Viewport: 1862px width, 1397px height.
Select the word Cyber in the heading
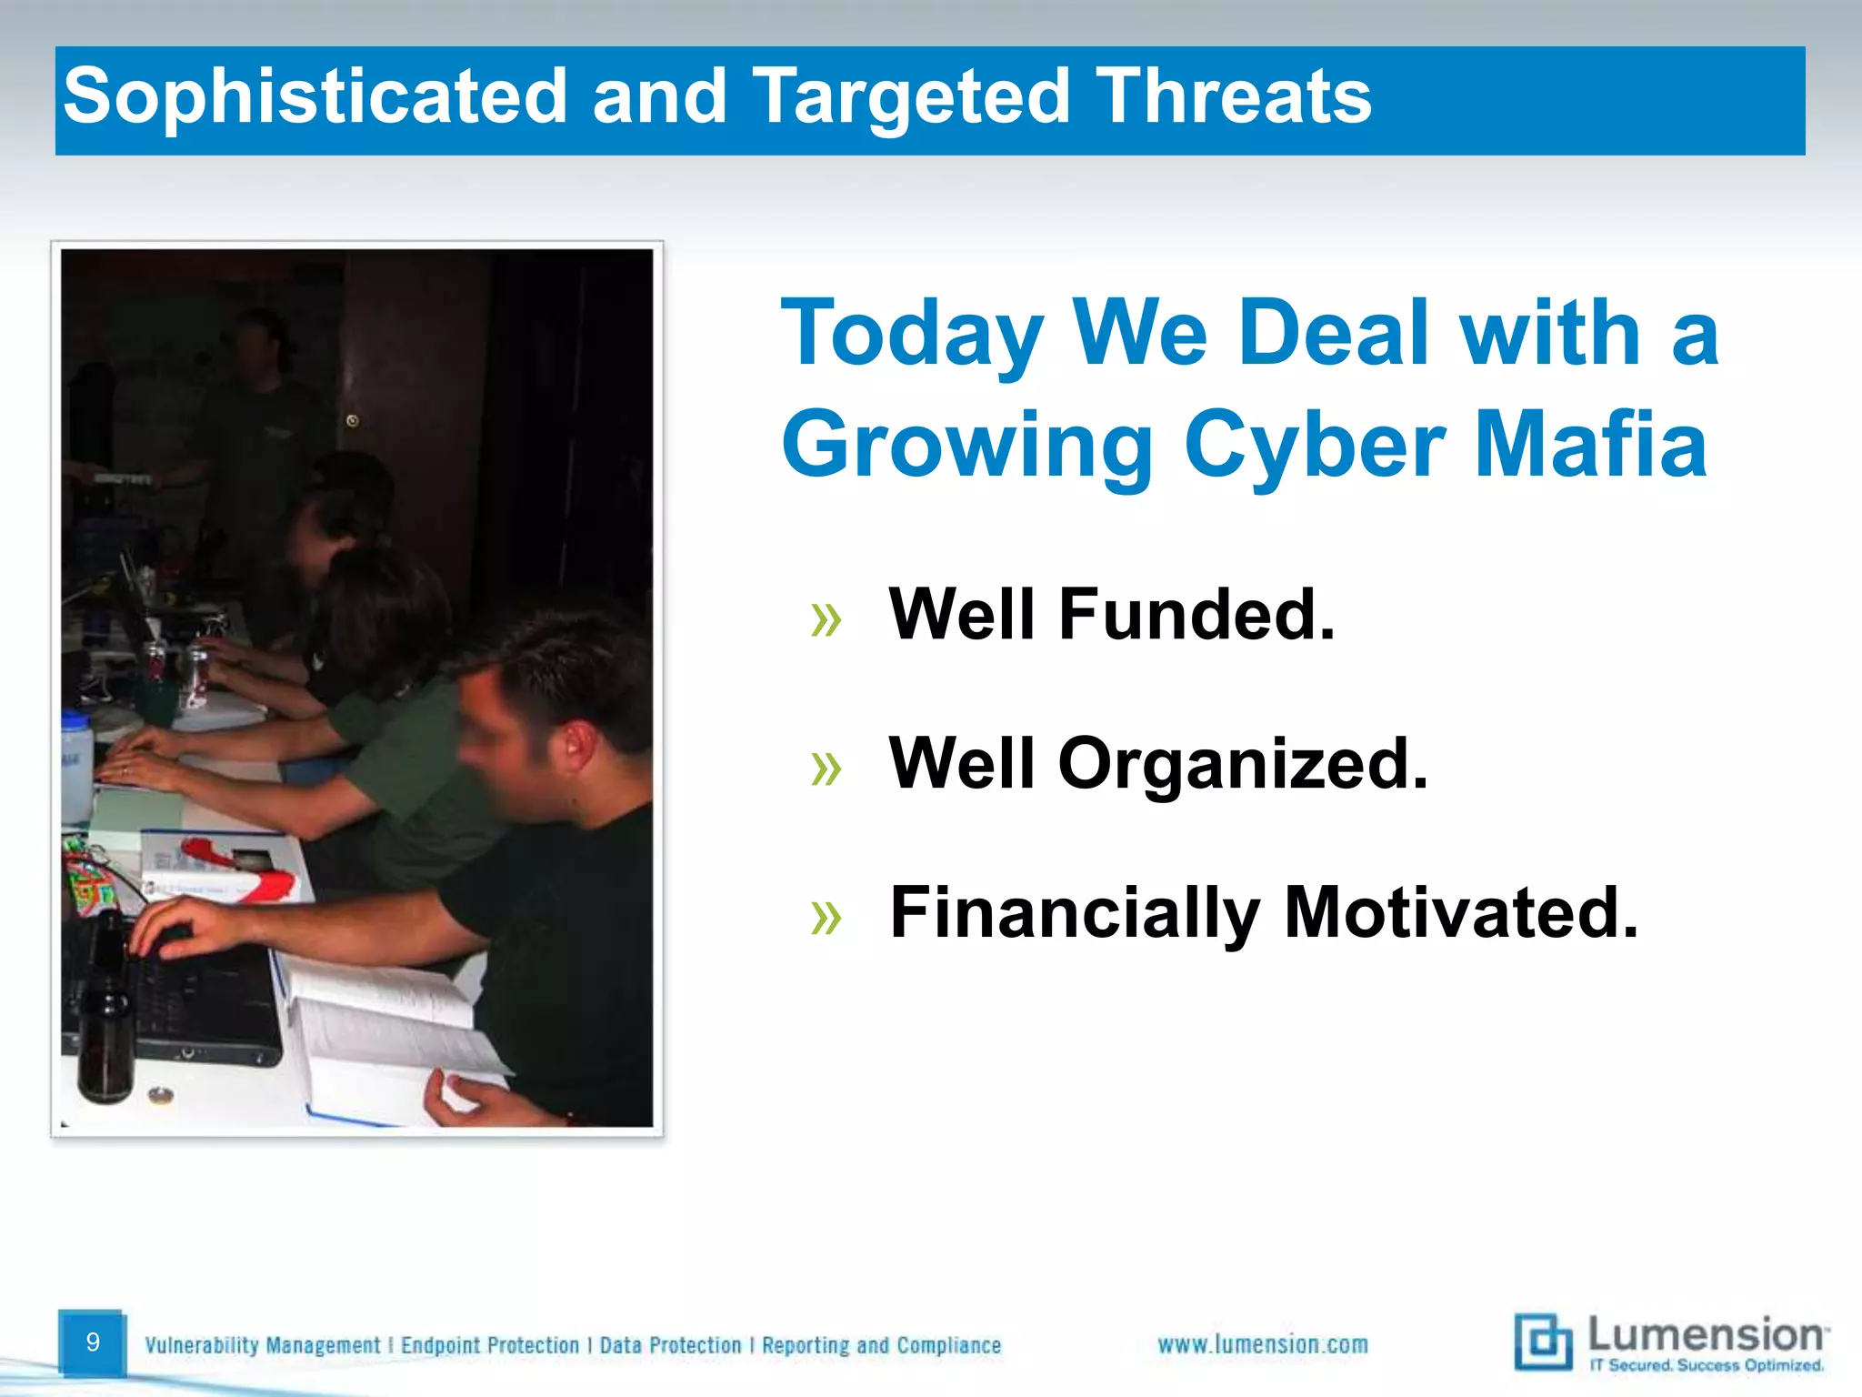(x=1314, y=445)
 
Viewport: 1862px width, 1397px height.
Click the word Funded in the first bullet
(x=1196, y=615)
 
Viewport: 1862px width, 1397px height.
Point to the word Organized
(x=1242, y=764)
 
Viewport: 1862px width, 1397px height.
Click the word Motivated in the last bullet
(x=1460, y=913)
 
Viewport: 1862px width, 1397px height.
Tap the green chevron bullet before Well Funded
(x=826, y=620)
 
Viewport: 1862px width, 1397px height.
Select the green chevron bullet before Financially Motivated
(x=826, y=918)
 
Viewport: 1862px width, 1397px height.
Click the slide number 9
(x=92, y=1342)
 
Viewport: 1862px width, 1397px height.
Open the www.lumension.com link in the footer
(x=1262, y=1344)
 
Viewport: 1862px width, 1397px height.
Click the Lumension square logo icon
(x=1543, y=1341)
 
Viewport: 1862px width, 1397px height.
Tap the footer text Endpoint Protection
(x=490, y=1345)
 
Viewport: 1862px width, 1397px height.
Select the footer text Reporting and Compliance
(x=881, y=1345)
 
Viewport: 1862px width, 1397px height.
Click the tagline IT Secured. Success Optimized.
(x=1707, y=1365)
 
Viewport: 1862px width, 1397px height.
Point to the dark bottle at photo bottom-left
(x=105, y=1046)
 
